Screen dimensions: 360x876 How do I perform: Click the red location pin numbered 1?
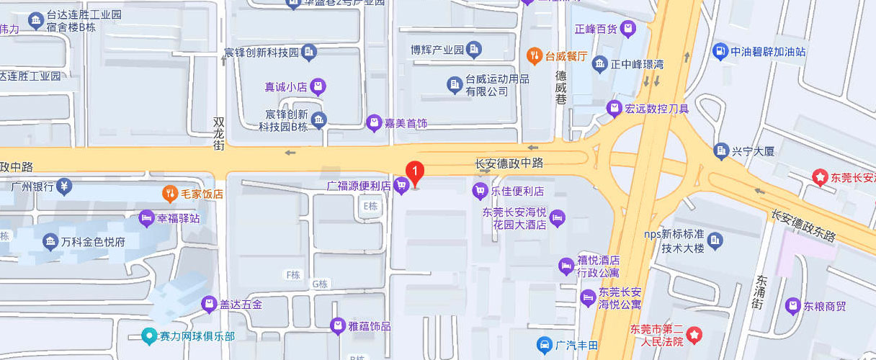(x=415, y=171)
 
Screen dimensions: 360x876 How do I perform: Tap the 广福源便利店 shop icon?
(x=402, y=186)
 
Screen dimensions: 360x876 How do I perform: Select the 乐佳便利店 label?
(x=517, y=192)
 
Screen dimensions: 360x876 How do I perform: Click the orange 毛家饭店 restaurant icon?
(x=169, y=193)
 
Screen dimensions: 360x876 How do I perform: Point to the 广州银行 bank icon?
(x=64, y=186)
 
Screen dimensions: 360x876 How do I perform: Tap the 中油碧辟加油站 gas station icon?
(x=719, y=51)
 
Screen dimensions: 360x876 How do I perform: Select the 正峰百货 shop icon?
(x=629, y=29)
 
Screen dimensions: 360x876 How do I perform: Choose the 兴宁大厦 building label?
(x=753, y=151)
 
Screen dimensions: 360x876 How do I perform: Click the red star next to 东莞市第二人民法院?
(x=694, y=334)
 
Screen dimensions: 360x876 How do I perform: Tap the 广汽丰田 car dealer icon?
(x=545, y=346)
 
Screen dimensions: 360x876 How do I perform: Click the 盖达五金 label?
(x=241, y=304)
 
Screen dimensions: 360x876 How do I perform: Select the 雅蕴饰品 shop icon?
(x=338, y=326)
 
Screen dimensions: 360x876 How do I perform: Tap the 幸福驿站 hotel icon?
(x=146, y=217)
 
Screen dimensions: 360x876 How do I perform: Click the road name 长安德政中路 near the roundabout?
(x=509, y=164)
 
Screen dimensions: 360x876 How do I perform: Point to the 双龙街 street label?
(x=220, y=134)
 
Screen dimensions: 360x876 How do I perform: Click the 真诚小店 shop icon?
(x=318, y=87)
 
